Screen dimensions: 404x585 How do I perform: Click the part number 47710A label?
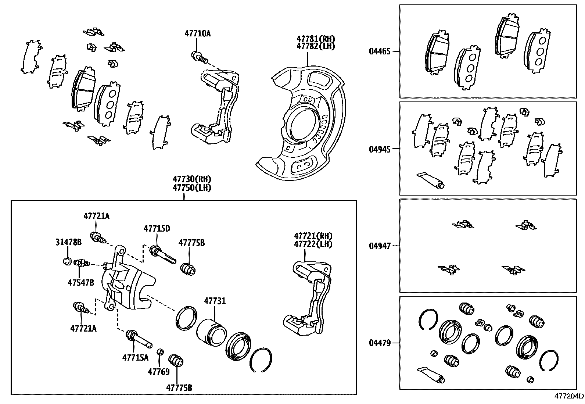pos(197,33)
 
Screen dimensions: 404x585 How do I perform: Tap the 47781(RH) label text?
pos(316,39)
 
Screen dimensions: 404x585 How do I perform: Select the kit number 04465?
pos(380,51)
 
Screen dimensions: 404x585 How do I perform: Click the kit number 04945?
pos(380,149)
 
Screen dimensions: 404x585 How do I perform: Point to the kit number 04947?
pos(380,246)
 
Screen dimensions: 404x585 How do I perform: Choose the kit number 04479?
pos(380,343)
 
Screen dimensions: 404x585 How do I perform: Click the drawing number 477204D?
pos(569,397)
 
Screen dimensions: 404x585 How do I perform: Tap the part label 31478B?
pos(69,242)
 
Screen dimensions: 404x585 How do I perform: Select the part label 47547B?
pos(80,282)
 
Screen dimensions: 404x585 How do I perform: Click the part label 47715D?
pos(157,228)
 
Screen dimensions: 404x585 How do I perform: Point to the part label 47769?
pos(159,372)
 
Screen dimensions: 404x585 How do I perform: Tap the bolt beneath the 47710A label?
pos(199,57)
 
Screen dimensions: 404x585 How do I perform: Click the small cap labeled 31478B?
pos(67,261)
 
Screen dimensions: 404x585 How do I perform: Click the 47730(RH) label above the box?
pos(192,179)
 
